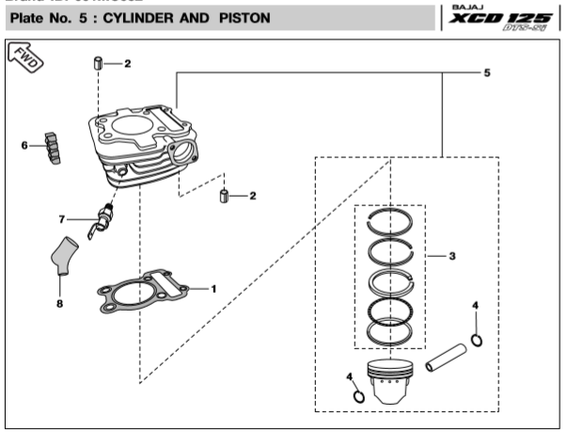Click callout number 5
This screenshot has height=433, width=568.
point(486,72)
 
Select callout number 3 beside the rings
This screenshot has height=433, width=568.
point(452,255)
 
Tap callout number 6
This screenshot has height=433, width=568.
point(24,145)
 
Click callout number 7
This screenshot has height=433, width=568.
point(62,220)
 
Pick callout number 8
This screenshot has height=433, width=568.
point(59,304)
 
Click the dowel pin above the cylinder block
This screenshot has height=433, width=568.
point(98,64)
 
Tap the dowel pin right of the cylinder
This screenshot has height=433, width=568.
point(224,196)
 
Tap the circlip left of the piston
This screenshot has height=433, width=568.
point(358,394)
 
